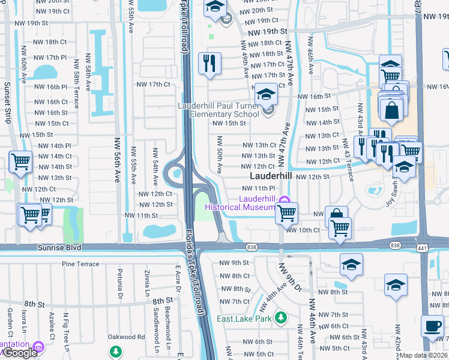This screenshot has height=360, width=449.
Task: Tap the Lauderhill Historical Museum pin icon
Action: tap(285, 199)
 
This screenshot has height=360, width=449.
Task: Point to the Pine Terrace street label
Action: tap(80, 263)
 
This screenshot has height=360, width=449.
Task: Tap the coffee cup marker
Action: tap(432, 326)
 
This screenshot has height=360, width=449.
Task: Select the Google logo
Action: tap(19, 353)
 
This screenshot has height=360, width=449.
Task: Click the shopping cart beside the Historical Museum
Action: tap(287, 212)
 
